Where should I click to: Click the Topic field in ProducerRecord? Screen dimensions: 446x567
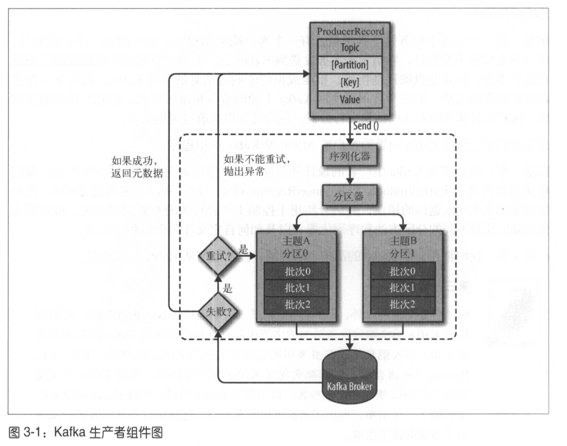coord(350,48)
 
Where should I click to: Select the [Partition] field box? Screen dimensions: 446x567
coord(350,65)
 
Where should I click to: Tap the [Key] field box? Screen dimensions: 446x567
coord(350,82)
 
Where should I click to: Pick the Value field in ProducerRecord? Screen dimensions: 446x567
coord(350,99)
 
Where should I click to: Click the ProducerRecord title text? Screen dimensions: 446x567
coord(350,31)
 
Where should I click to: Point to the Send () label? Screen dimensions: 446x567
coord(366,125)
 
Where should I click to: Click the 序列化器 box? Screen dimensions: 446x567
coord(349,157)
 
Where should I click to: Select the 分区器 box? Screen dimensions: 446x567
coord(349,196)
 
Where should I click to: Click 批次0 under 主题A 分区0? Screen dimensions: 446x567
coord(297,271)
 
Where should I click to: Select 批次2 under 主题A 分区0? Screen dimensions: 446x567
coord(297,305)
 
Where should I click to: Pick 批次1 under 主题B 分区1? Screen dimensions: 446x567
coord(403,288)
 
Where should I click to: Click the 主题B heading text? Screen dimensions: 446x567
coord(403,241)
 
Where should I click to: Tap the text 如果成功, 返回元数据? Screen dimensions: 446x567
coord(137,167)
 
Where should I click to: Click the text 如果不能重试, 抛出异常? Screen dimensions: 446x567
coord(256,165)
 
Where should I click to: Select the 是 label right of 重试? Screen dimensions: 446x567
coord(243,249)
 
